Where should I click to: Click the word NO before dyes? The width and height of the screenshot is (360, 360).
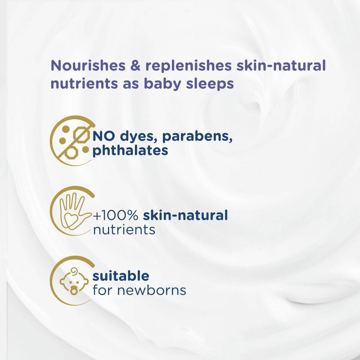point(102,136)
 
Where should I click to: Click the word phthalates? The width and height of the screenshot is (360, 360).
point(130,151)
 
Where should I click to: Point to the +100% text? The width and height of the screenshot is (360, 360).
point(116,215)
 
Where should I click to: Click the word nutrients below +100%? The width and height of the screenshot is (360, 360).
point(124,230)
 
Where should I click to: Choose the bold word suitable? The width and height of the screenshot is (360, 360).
point(120,275)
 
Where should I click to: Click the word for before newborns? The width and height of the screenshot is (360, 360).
point(102,290)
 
